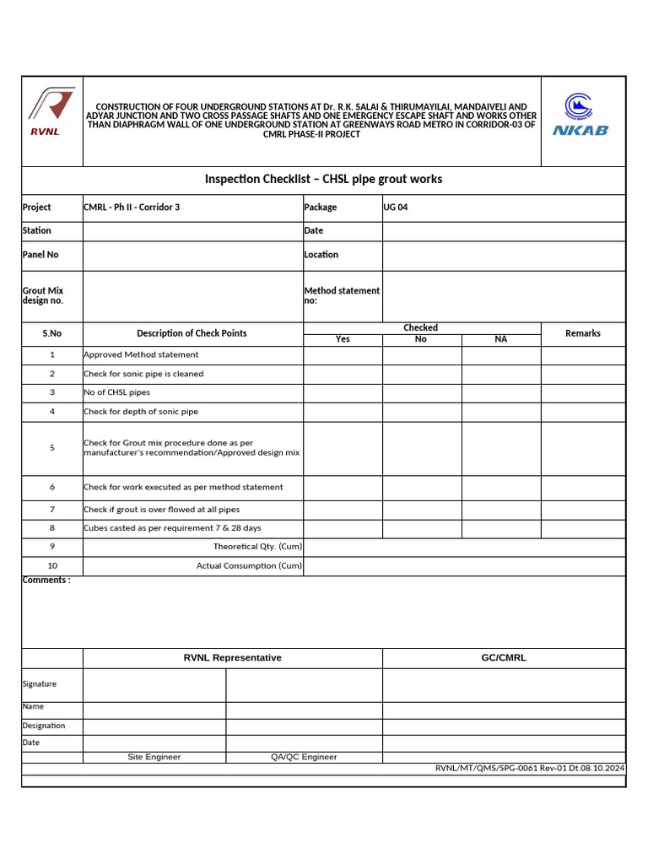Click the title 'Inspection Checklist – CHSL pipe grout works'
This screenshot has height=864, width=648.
tap(323, 179)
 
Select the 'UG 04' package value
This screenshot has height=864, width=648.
tap(396, 208)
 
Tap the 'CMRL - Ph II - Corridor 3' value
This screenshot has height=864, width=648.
tap(132, 208)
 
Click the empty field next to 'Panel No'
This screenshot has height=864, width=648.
tap(192, 255)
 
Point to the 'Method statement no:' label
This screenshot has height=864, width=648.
tap(342, 295)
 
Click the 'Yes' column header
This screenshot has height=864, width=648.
tap(343, 339)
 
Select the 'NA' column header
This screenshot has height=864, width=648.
tap(500, 339)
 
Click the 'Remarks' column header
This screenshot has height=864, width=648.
tap(582, 333)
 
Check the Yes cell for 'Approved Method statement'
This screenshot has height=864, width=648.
tap(343, 355)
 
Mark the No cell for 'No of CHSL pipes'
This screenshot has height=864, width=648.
tap(421, 392)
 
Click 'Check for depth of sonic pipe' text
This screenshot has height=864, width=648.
tap(141, 412)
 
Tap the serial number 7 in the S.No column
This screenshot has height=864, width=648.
tap(52, 510)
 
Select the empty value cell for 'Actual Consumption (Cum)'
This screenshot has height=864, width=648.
tap(464, 566)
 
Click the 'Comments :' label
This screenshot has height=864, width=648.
tap(46, 580)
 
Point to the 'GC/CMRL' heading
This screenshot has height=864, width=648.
tap(504, 658)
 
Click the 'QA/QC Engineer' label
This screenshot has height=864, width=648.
tap(304, 757)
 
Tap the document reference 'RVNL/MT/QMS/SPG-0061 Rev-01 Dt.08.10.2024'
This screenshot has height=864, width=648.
tap(529, 768)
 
